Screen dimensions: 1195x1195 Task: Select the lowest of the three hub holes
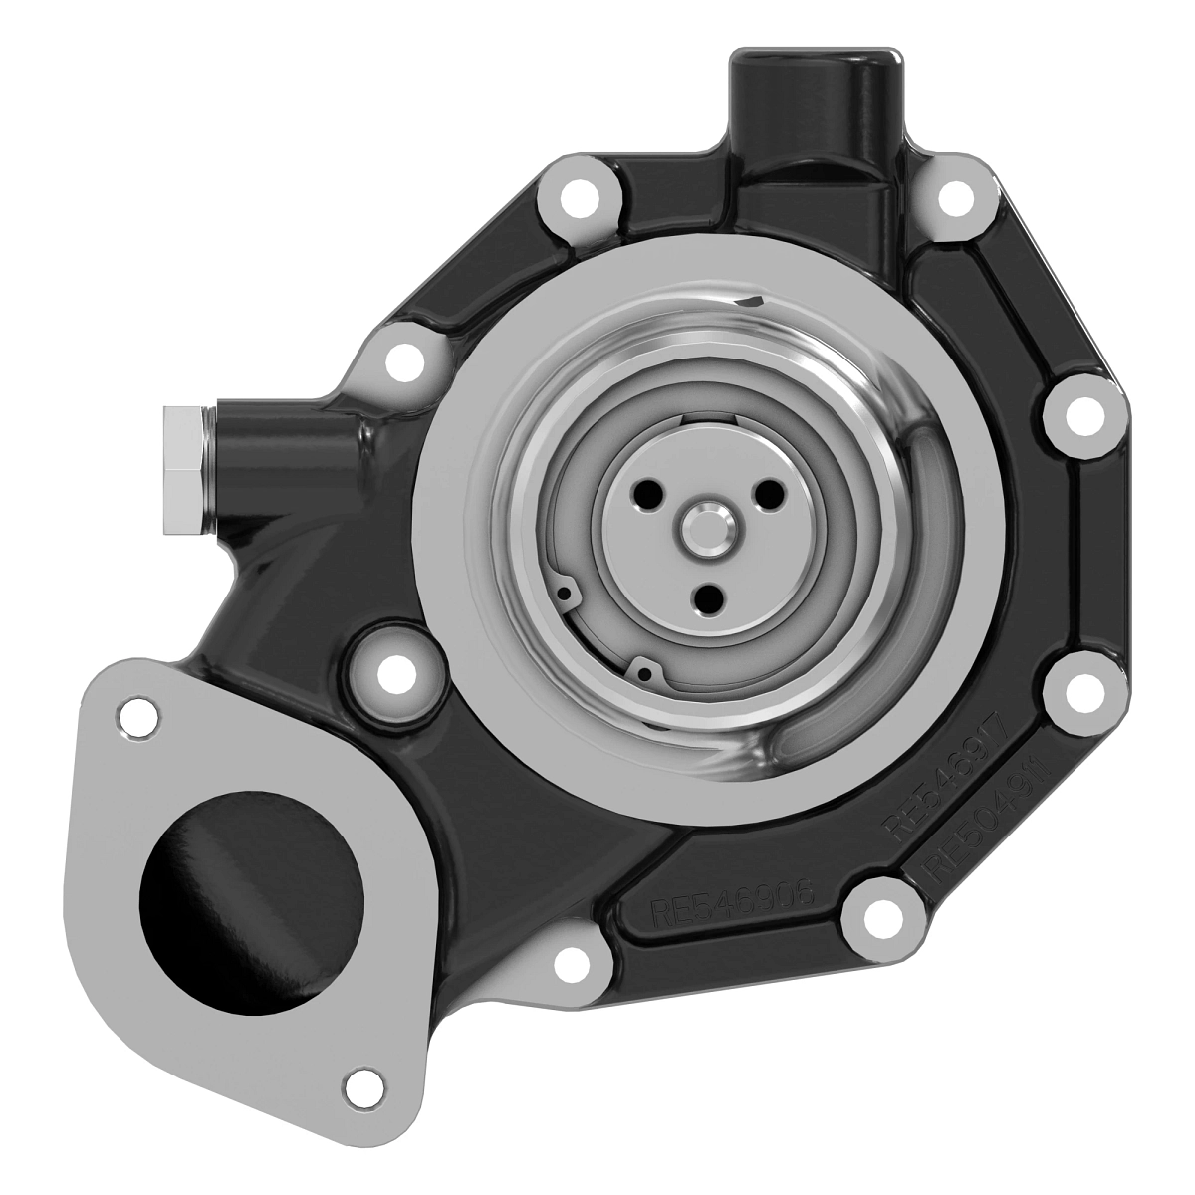click(x=710, y=598)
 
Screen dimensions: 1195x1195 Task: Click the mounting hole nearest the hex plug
click(x=402, y=362)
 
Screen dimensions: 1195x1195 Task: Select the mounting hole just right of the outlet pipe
click(x=956, y=196)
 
